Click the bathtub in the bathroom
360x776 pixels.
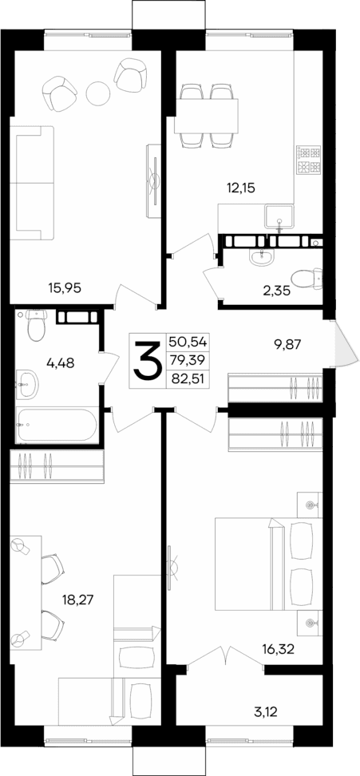click(x=56, y=424)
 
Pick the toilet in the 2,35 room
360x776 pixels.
click(x=306, y=279)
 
